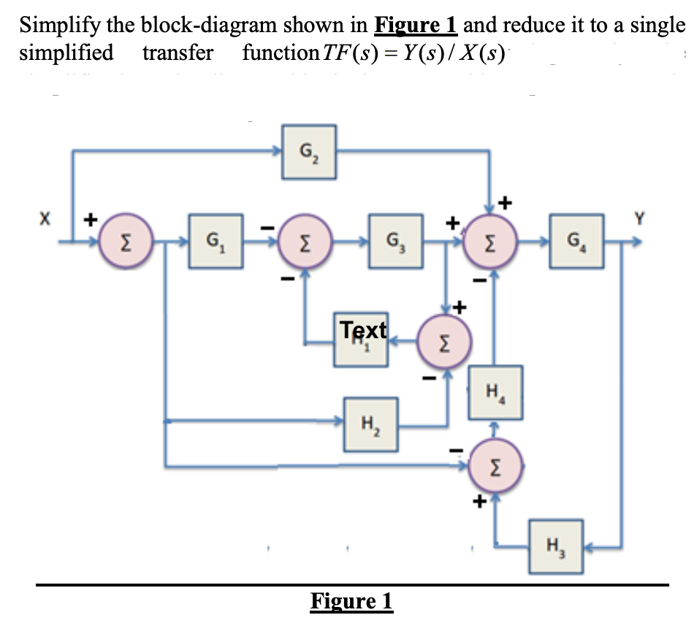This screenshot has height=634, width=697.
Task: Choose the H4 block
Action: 495,398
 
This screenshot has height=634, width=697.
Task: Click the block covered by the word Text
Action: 362,337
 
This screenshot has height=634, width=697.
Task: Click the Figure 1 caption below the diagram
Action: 351,602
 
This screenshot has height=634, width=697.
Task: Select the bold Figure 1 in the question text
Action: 415,26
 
